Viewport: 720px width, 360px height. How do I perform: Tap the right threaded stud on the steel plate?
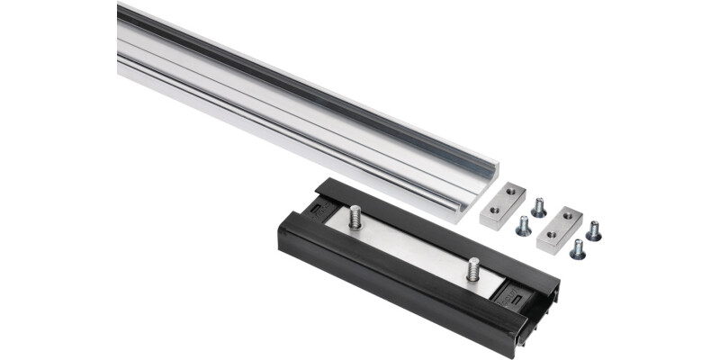tap(472, 268)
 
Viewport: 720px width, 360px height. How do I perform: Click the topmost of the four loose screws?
tap(538, 208)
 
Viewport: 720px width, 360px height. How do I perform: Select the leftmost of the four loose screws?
tap(523, 226)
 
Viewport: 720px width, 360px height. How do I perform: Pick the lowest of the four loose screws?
tap(577, 249)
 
